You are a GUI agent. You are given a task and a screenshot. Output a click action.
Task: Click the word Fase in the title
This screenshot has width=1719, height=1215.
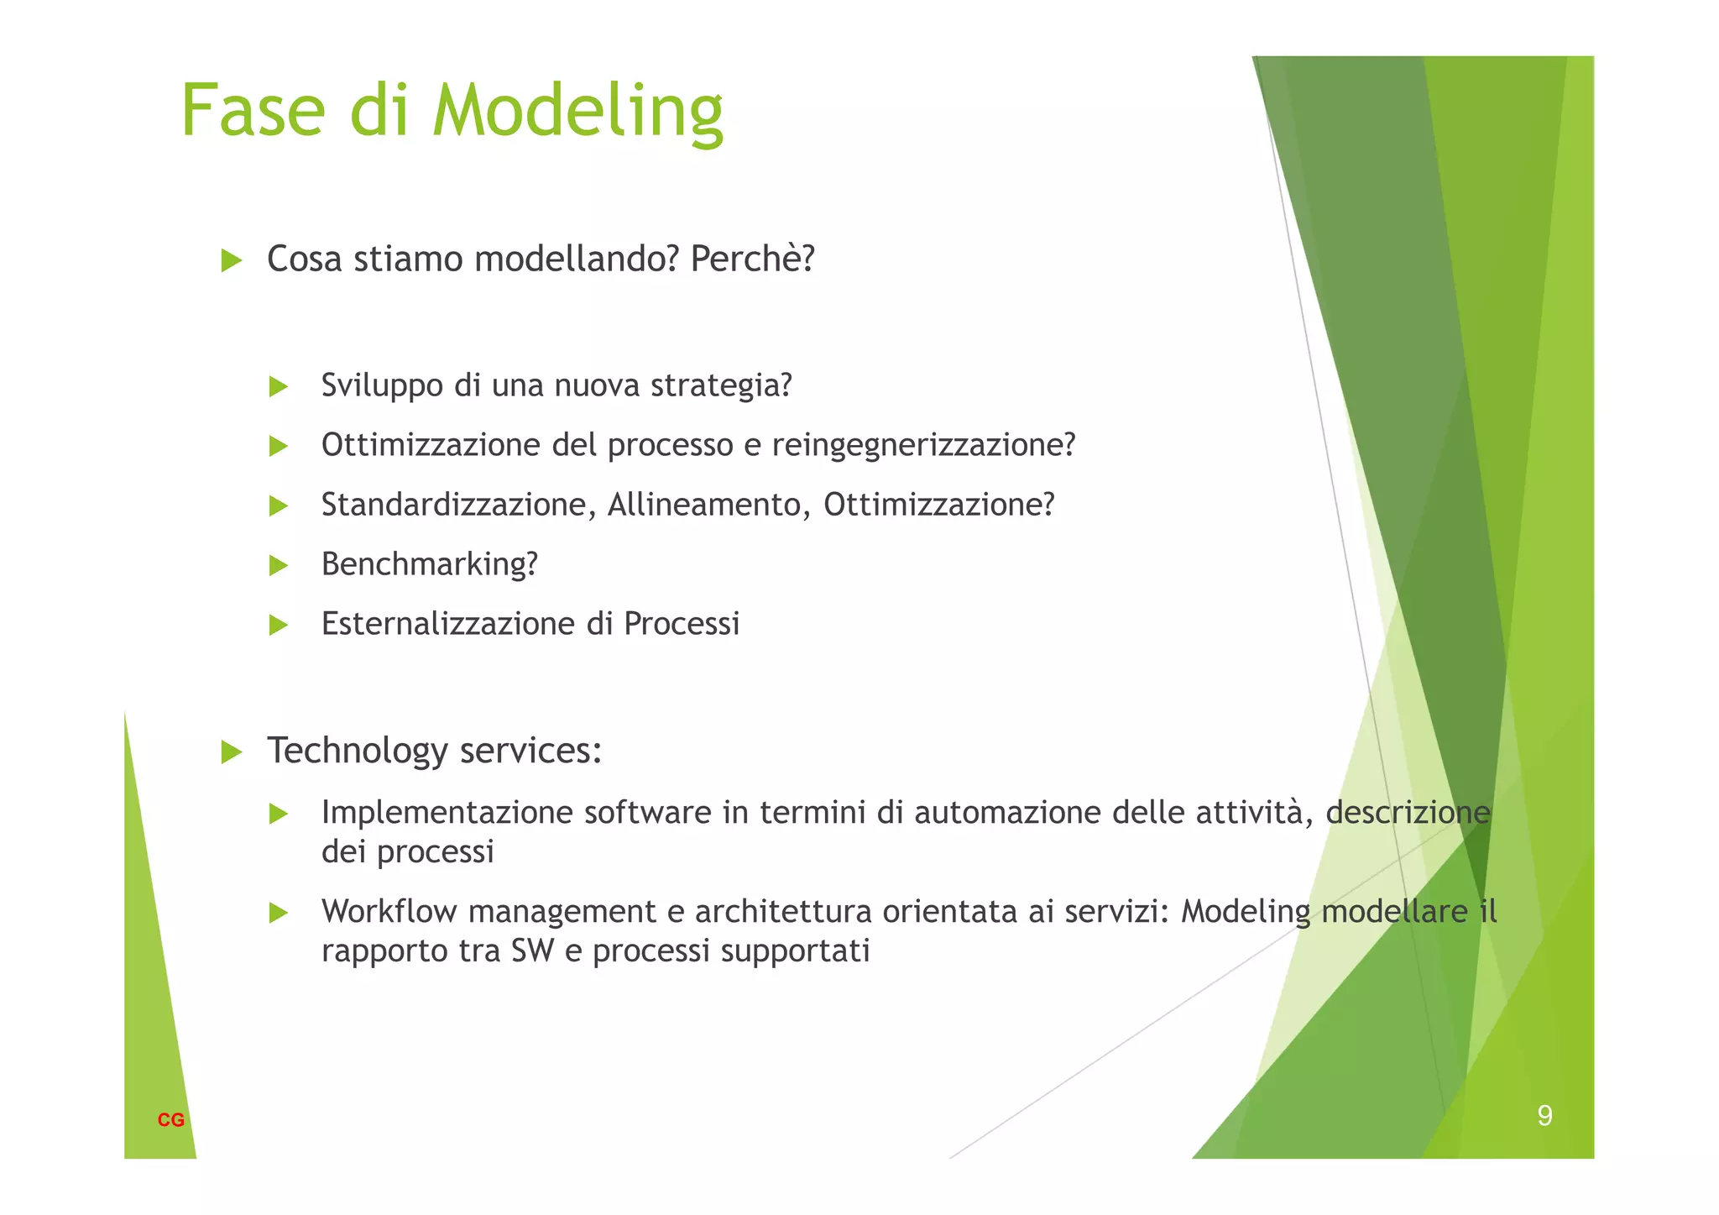point(253,111)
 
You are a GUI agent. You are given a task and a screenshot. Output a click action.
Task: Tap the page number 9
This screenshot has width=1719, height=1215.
point(1544,1115)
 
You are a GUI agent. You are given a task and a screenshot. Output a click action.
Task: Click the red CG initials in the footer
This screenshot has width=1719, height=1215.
point(170,1120)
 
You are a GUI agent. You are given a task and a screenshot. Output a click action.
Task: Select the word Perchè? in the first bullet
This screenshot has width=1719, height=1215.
point(752,259)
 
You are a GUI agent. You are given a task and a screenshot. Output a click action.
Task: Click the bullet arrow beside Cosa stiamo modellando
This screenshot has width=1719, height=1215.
point(231,260)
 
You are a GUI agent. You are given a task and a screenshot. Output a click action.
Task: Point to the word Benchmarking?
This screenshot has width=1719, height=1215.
point(429,564)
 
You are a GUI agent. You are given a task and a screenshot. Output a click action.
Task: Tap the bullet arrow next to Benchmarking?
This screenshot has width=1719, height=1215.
point(278,566)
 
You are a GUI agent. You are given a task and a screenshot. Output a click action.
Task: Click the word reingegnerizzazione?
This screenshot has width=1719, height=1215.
point(923,445)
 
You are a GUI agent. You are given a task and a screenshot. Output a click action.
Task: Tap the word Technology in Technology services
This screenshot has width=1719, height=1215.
point(357,750)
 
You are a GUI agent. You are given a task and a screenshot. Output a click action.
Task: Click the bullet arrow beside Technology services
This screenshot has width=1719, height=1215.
point(231,752)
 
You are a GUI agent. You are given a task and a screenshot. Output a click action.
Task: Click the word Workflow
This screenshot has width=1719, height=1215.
point(389,911)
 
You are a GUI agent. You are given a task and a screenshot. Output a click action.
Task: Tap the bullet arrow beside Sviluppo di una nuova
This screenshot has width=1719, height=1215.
point(278,387)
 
